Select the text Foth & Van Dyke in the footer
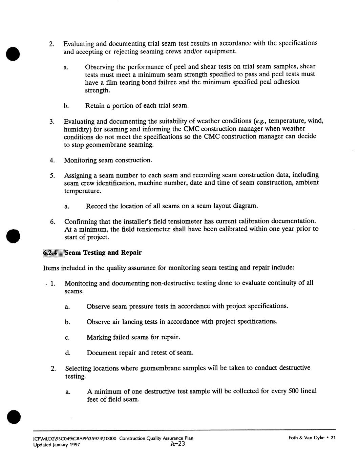pyautogui.click(x=306, y=438)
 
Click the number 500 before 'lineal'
pyautogui.click(x=294, y=391)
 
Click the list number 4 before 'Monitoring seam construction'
pyautogui.click(x=52, y=160)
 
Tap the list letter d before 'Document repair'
pyautogui.click(x=67, y=353)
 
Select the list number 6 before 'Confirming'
pyautogui.click(x=52, y=222)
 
